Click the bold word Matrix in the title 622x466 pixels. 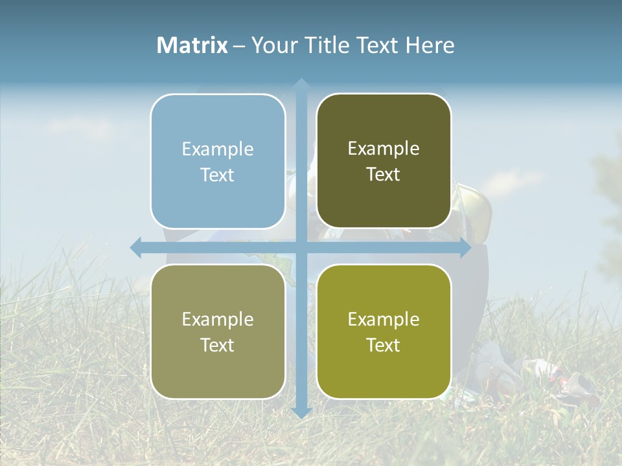pos(192,45)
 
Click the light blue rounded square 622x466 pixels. pos(218,161)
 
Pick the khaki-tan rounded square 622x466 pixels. pos(218,331)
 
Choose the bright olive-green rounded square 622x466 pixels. pos(384,331)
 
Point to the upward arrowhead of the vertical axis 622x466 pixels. pos(301,83)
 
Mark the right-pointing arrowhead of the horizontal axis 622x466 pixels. pos(465,247)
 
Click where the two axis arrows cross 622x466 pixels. pos(301,247)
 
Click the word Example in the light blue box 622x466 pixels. pos(218,150)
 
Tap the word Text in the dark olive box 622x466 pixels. pos(384,175)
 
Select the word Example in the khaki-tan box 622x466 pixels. pos(218,320)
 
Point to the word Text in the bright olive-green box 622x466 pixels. pos(384,346)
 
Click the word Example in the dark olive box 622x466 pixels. pos(384,149)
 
